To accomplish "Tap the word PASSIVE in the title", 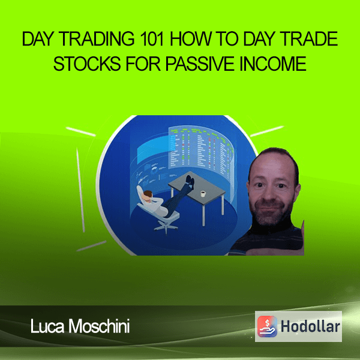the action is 200,64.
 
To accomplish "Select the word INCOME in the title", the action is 273,64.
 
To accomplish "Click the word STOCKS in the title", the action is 87,64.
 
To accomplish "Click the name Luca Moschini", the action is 80,326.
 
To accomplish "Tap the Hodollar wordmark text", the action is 310,326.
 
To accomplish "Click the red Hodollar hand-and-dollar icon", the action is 267,326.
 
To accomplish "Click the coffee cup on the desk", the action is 203,194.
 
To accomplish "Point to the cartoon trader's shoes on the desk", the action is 190,181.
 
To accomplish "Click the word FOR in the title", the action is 143,64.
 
